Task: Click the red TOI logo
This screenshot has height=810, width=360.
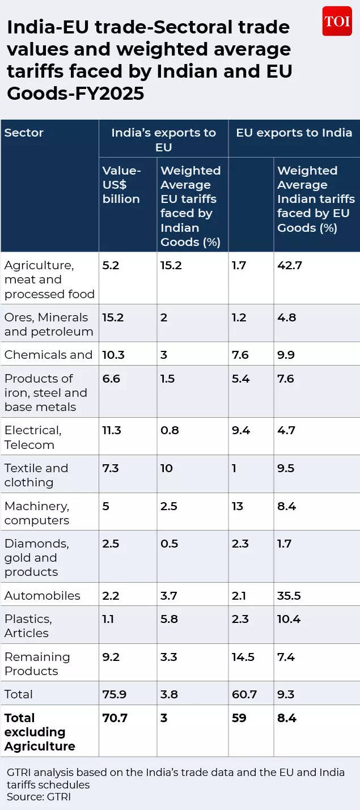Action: [337, 22]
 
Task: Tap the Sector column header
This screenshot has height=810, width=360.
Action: [24, 133]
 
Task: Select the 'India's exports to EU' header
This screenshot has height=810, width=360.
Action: [163, 139]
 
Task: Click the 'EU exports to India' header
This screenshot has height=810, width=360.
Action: [294, 133]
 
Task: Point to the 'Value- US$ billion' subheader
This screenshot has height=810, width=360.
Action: [121, 185]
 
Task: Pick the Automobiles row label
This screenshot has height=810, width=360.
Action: [42, 596]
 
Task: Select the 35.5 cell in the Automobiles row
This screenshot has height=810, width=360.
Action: [289, 596]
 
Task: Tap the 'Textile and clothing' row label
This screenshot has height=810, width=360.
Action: [36, 475]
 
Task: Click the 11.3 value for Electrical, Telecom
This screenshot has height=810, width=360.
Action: [112, 430]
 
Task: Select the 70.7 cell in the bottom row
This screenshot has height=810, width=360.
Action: [115, 718]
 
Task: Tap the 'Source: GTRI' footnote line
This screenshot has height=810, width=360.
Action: [39, 796]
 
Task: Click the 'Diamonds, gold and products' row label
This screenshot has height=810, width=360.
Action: [36, 558]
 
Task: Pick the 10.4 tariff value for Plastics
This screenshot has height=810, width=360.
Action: [289, 619]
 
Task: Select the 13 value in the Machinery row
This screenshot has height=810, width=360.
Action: [237, 506]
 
